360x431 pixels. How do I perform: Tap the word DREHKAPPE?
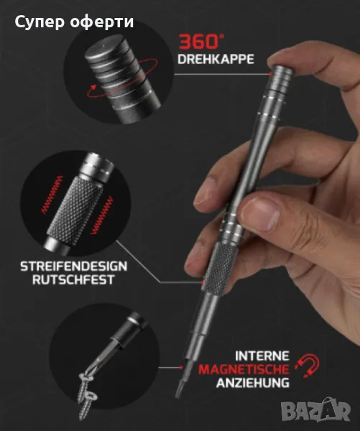point(216,59)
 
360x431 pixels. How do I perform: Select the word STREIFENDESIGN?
point(74,267)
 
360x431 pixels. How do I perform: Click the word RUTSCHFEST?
point(73,279)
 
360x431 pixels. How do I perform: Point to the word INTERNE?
point(262,356)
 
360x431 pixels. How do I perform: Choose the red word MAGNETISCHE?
point(244,369)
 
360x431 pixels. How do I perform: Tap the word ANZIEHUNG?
point(253,383)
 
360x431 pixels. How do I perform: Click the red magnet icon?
point(308,366)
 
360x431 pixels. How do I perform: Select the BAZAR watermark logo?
point(315,409)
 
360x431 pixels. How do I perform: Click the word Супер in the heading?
point(40,22)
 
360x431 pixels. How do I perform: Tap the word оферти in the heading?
point(102,22)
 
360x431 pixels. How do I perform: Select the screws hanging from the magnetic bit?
point(87,394)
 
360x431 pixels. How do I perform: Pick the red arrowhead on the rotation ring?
point(93,88)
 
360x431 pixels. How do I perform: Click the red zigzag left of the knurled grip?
point(52,195)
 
